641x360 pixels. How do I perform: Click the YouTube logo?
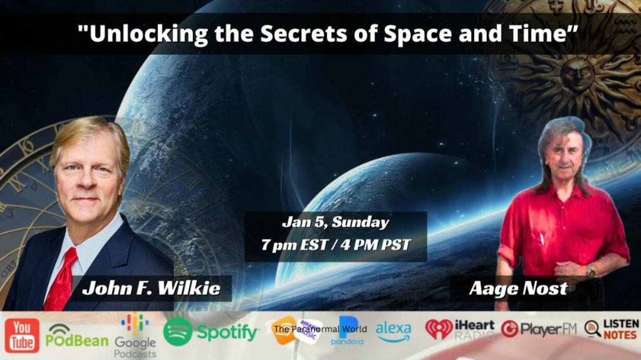(x=22, y=336)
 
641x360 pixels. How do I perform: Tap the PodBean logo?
(x=77, y=336)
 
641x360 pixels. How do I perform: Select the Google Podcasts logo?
(x=135, y=336)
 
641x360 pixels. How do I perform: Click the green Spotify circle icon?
(x=178, y=332)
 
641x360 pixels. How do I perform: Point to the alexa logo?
(x=393, y=332)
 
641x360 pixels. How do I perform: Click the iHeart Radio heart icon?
(x=439, y=329)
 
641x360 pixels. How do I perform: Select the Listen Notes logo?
(x=612, y=329)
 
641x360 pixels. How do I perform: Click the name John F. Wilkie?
(x=151, y=288)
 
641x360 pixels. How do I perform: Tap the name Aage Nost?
(x=519, y=289)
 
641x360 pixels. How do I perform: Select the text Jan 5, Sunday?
(x=336, y=222)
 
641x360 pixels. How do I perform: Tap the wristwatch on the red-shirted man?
(x=590, y=270)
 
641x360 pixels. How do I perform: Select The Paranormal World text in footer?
(x=320, y=329)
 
